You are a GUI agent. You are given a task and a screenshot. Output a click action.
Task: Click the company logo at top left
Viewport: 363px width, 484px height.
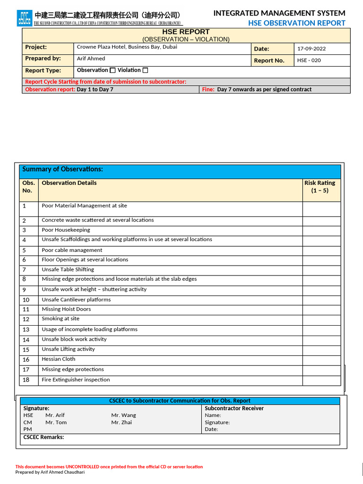coord(25,18)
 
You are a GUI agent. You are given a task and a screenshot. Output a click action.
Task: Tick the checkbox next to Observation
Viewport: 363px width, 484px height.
coord(112,70)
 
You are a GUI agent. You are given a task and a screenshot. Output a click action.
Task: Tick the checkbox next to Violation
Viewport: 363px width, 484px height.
coord(145,70)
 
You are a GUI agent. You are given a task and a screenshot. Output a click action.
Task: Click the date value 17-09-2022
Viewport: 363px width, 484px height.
coord(311,49)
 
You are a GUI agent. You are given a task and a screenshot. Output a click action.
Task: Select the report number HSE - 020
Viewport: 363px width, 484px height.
coord(309,60)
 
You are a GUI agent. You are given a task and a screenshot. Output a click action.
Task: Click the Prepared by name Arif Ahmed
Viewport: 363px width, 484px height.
coord(91,59)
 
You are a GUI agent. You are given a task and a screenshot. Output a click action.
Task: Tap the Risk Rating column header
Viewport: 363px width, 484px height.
coord(320,187)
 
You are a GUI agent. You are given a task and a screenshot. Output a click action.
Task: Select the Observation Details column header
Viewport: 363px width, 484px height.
coord(69,183)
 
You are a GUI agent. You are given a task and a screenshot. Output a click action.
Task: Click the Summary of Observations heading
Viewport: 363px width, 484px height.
coord(62,169)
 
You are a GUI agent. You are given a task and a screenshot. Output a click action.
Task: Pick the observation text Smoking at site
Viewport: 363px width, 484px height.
coord(60,319)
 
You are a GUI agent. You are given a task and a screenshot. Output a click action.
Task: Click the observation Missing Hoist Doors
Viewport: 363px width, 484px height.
coord(66,309)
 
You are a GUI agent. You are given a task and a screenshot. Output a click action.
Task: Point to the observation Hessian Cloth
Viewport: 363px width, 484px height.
coord(59,359)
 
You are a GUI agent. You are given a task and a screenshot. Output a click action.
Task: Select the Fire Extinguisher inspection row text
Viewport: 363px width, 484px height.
coord(76,380)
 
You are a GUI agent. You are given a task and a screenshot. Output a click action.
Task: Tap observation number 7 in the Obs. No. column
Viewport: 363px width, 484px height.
coord(24,270)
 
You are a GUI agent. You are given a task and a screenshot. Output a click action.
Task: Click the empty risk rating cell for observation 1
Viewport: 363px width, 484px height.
coord(321,209)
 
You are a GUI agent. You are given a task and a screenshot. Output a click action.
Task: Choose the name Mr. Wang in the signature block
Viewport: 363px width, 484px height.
coord(123,415)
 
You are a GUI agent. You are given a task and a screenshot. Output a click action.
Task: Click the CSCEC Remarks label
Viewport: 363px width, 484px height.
coord(43,437)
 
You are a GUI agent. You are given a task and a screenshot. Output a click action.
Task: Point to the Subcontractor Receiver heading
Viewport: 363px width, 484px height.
coord(234,408)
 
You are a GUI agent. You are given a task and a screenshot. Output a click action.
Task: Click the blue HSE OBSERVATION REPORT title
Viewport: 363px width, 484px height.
coord(296,23)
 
